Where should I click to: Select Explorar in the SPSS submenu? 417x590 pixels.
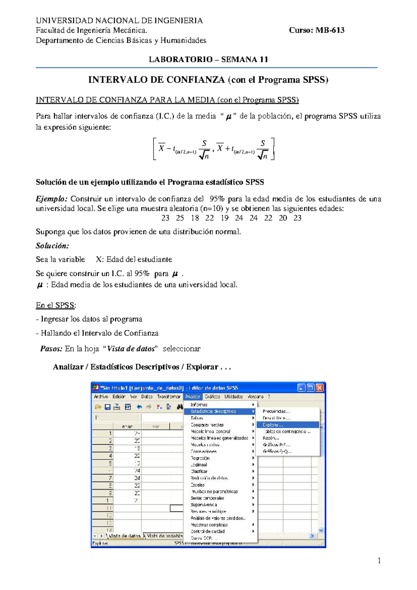pyautogui.click(x=273, y=425)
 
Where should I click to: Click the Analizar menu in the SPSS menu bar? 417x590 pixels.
pyautogui.click(x=193, y=397)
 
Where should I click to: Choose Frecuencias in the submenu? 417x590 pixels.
pyautogui.click(x=276, y=411)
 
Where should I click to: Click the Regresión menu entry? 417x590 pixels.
pyautogui.click(x=200, y=458)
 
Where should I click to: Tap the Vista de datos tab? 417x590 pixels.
pyautogui.click(x=124, y=536)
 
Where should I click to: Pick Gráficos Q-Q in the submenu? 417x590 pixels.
pyautogui.click(x=277, y=452)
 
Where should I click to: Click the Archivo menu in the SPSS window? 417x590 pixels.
pyautogui.click(x=101, y=397)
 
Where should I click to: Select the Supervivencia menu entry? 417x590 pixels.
pyautogui.click(x=204, y=505)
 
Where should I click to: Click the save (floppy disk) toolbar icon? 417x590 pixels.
pyautogui.click(x=107, y=407)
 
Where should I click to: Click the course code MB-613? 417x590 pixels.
pyautogui.click(x=330, y=30)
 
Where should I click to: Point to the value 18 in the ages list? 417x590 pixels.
pyautogui.click(x=195, y=218)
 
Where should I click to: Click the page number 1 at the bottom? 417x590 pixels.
pyautogui.click(x=379, y=560)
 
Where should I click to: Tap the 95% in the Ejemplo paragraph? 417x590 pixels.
pyautogui.click(x=217, y=199)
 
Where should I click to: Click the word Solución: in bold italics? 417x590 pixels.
pyautogui.click(x=52, y=246)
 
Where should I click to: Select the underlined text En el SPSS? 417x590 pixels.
pyautogui.click(x=55, y=305)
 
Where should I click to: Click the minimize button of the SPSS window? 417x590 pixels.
pyautogui.click(x=301, y=388)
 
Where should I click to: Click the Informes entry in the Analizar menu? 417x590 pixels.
pyautogui.click(x=199, y=405)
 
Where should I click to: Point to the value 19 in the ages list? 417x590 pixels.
pyautogui.click(x=224, y=218)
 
